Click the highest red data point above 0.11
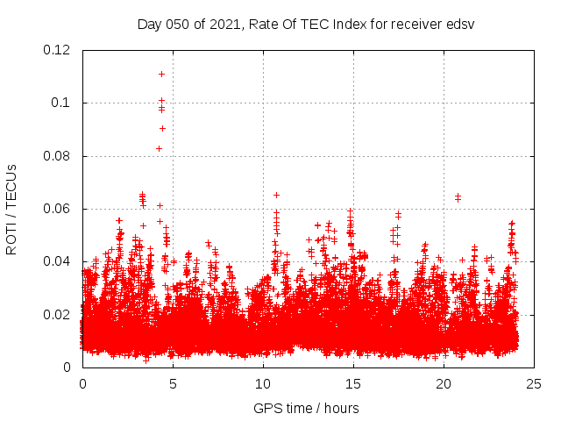[161, 74]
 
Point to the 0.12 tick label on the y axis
[57, 50]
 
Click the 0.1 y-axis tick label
[63, 103]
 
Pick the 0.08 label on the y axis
[57, 156]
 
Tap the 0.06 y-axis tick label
[57, 209]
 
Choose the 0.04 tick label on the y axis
[57, 261]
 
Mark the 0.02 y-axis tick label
[57, 315]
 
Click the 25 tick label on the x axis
[534, 383]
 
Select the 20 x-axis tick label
[444, 383]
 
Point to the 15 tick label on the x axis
[353, 383]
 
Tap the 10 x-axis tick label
[263, 383]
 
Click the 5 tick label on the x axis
[173, 383]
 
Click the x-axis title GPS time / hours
[306, 408]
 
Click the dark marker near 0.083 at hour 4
[159, 148]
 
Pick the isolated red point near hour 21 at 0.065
[458, 196]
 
